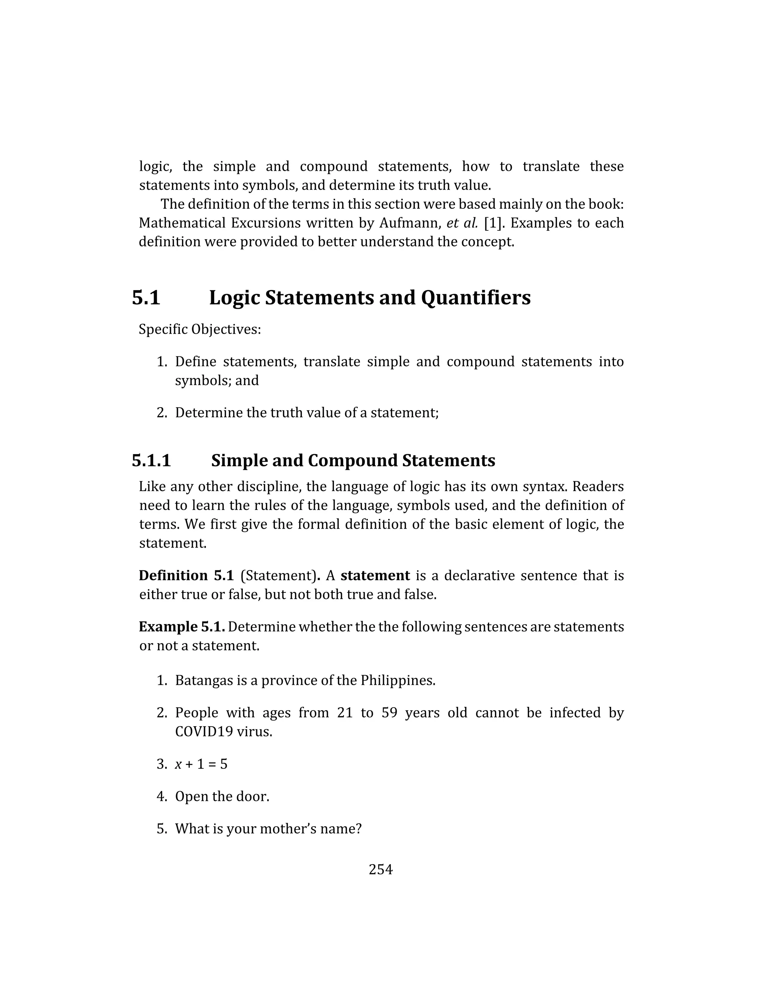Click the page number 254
pos(381,869)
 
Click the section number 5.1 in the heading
pos(146,298)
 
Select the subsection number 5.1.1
pos(151,460)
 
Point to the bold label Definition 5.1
pos(186,575)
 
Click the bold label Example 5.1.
pos(182,627)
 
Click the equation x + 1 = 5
pos(201,764)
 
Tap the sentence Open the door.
pos(222,796)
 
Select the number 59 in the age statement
pos(389,713)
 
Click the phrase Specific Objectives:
pos(200,329)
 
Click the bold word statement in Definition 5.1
pos(375,575)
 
